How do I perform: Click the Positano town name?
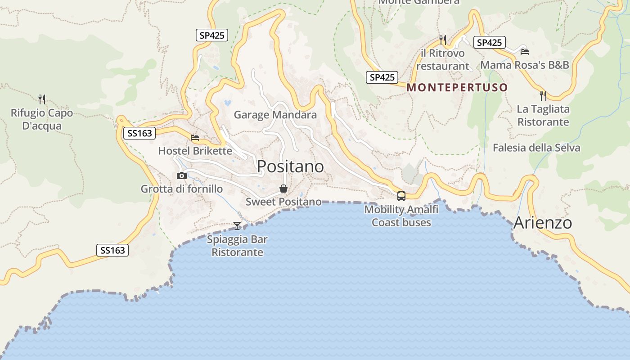[x=290, y=166]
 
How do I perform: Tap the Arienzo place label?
[x=542, y=223]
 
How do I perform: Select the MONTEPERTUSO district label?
[x=457, y=87]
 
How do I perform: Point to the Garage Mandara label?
[x=275, y=115]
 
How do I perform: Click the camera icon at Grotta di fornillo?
[x=182, y=175]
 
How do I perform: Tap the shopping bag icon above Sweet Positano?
[x=283, y=188]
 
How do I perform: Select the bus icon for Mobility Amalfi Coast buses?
[x=401, y=196]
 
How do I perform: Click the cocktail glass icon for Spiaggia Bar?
[x=237, y=225]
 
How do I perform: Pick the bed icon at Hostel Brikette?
[x=195, y=138]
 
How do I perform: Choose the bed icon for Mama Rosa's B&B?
[x=524, y=51]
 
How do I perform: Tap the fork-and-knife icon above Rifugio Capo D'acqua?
[x=42, y=99]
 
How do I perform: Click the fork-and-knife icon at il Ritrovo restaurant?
[x=443, y=40]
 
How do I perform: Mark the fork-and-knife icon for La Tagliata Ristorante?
[x=543, y=95]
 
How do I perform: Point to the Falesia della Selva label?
[x=536, y=148]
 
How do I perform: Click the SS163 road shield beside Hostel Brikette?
[x=139, y=133]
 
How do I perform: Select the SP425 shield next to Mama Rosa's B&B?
[x=489, y=43]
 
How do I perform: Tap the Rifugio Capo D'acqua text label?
[x=42, y=119]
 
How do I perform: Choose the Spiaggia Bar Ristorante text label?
[x=237, y=246]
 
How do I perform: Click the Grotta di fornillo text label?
[x=182, y=189]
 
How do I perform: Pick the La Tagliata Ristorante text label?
[x=543, y=116]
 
